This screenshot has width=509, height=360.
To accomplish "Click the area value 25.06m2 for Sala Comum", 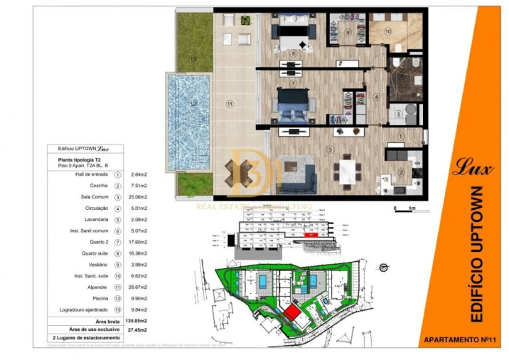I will pyautogui.click(x=139, y=196).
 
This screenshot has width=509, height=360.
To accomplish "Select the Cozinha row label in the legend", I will pyautogui.click(x=95, y=185).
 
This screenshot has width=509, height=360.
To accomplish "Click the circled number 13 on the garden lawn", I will pyautogui.click(x=193, y=59).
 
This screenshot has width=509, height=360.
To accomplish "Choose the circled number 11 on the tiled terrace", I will pyautogui.click(x=230, y=105).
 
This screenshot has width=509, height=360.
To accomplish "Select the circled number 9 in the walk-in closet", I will pyautogui.click(x=348, y=32).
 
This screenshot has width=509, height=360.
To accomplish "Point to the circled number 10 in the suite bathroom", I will pyautogui.click(x=388, y=32).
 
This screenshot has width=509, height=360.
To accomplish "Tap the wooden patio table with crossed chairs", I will pyautogui.click(x=241, y=171).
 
